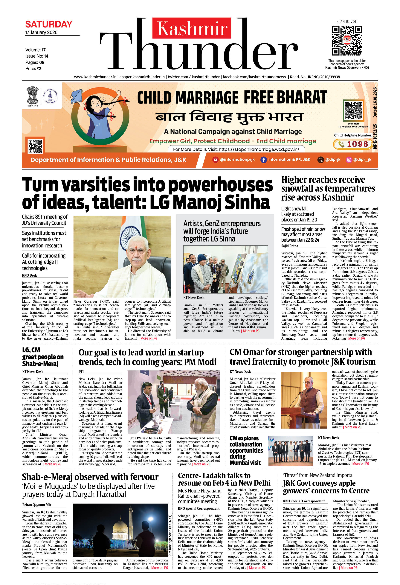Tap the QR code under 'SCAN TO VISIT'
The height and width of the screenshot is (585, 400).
click(x=347, y=40)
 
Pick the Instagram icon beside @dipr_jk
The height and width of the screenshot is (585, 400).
click(x=349, y=160)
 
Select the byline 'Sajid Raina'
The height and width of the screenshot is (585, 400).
click(x=290, y=246)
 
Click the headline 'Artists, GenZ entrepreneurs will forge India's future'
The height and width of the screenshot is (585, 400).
click(x=222, y=231)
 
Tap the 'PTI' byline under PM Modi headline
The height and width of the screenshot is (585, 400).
click(x=81, y=372)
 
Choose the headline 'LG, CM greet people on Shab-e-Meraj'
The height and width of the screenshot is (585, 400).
click(x=43, y=357)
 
